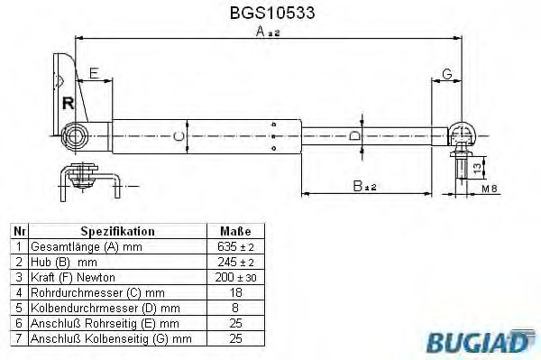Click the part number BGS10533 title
tap(269, 14)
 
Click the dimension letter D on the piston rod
tap(354, 135)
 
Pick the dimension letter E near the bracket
tap(94, 72)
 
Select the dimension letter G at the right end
tap(447, 72)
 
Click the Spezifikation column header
tap(117, 231)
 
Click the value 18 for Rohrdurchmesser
tap(235, 292)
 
